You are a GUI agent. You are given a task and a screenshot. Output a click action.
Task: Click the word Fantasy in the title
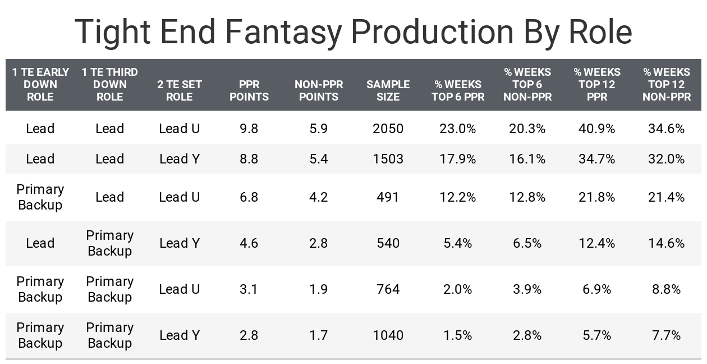click(283, 31)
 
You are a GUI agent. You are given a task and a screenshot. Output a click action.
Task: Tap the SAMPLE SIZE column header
click(388, 90)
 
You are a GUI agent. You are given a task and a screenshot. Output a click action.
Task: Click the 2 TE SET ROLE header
click(180, 90)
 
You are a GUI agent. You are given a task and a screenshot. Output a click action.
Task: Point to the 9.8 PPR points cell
click(249, 129)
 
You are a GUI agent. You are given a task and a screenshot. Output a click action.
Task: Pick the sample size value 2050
click(388, 129)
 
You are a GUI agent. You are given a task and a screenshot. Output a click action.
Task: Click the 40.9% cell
click(597, 129)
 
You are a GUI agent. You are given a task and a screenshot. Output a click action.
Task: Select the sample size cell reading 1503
click(388, 159)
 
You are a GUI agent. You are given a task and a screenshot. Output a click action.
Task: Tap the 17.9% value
click(457, 159)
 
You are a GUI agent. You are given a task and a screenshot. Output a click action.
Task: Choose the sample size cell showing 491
click(388, 197)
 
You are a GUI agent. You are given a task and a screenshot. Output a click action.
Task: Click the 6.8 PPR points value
click(249, 197)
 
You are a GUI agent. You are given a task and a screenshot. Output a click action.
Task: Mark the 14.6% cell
click(666, 243)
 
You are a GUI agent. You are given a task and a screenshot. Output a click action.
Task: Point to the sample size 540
click(388, 243)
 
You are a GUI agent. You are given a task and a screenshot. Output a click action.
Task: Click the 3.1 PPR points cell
click(249, 289)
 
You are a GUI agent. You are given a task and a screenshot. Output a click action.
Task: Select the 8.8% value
click(666, 289)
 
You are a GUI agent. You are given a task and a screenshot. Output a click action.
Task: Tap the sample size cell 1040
click(388, 335)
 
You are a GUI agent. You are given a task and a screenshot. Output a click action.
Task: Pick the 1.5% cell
click(457, 335)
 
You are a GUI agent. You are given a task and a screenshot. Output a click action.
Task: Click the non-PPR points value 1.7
click(319, 335)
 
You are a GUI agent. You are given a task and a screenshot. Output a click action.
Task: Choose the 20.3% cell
click(527, 129)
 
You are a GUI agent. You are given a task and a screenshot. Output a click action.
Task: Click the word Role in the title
click(600, 31)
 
